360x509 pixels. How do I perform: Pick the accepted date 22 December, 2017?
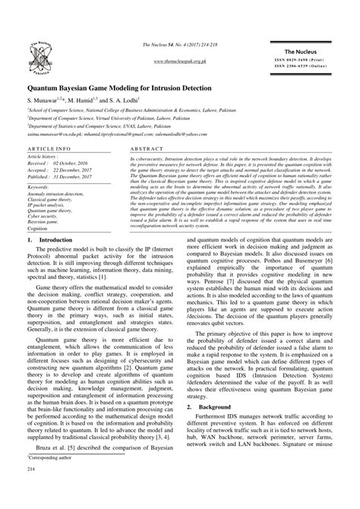(x=78, y=169)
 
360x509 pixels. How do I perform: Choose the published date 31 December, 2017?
(x=78, y=176)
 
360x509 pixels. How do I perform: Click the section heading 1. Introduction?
(x=50, y=240)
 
